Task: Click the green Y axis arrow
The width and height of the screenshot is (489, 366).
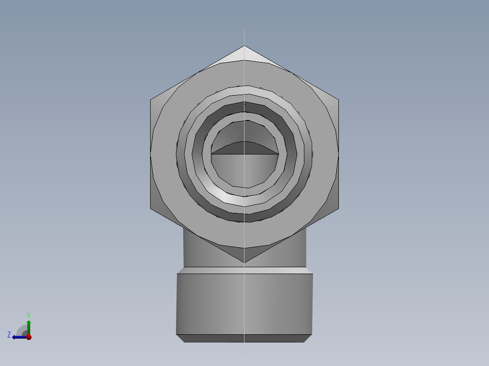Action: click(x=29, y=327)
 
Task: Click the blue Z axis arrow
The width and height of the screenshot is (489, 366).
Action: click(x=20, y=337)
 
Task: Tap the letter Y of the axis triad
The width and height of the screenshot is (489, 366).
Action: click(x=29, y=315)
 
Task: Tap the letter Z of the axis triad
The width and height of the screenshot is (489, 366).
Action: click(x=9, y=335)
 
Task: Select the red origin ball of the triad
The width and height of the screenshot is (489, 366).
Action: click(x=29, y=337)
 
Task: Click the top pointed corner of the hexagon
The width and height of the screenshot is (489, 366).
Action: click(x=244, y=46)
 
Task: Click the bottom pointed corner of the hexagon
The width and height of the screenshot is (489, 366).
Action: click(x=244, y=263)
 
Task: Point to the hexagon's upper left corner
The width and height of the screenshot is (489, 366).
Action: click(x=150, y=100)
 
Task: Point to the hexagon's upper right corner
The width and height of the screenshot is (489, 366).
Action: click(x=339, y=100)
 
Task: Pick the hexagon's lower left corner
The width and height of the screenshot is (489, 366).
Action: click(x=150, y=208)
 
